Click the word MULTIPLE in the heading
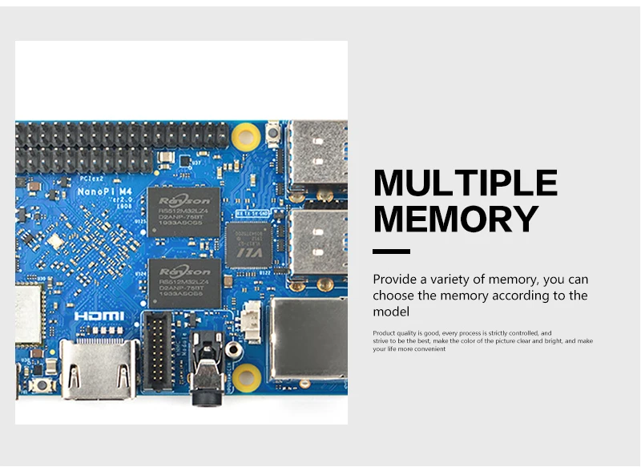(465, 183)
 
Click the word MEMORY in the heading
(456, 219)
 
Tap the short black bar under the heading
(391, 252)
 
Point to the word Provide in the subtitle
(397, 280)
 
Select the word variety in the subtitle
(487, 280)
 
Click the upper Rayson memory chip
(184, 212)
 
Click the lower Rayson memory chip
(184, 281)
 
